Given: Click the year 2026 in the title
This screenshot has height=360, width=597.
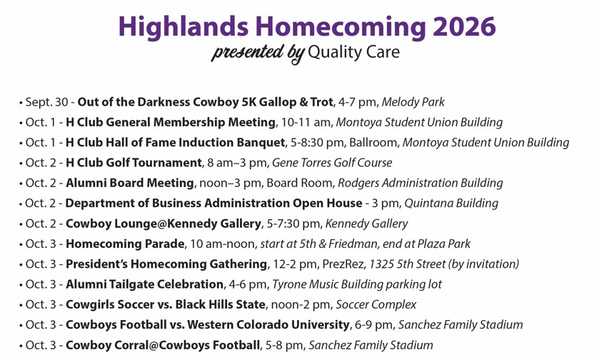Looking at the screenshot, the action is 464,26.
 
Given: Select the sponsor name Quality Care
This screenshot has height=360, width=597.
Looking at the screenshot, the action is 353,52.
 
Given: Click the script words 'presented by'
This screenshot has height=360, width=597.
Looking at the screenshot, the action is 258,53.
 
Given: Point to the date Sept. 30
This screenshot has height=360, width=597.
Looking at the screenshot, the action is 46,102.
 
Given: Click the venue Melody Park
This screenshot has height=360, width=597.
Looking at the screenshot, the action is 413,102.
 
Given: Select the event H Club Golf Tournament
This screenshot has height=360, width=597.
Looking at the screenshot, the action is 134,163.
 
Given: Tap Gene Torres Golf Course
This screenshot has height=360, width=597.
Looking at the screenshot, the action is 332,163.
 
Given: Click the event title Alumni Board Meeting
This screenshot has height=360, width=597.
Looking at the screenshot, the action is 130,183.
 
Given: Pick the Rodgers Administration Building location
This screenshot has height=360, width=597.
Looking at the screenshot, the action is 421,183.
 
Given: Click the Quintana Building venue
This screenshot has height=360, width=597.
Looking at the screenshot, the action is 451,203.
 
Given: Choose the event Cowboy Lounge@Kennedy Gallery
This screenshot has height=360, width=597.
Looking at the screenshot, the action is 164,224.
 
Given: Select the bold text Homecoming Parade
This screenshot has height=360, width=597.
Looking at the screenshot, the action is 125,244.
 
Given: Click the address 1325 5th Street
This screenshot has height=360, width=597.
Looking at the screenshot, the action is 407,264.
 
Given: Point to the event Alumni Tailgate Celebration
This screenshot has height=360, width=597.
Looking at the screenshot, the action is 145,284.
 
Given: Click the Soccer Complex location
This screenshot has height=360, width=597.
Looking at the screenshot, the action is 376,304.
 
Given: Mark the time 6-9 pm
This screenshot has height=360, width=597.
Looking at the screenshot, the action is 374,324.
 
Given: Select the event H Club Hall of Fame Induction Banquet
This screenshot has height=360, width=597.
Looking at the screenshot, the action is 176,142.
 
